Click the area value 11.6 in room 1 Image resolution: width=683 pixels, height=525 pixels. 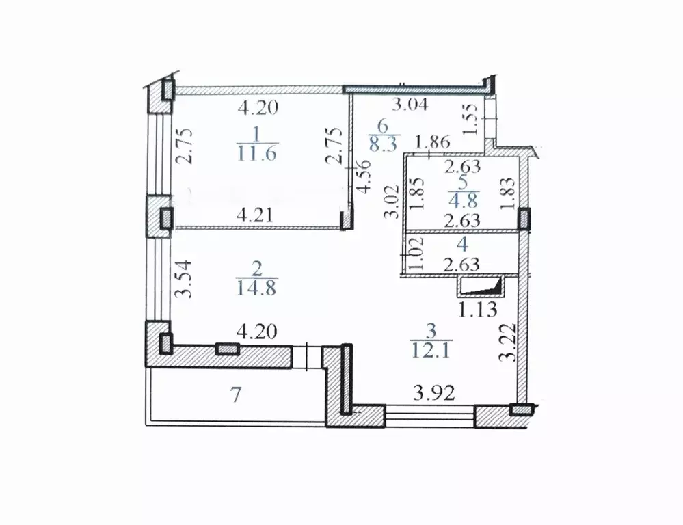click(257, 153)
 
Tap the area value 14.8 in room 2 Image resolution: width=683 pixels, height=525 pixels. click(256, 288)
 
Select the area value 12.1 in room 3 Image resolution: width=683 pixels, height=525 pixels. click(431, 350)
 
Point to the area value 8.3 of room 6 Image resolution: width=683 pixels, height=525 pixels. click(384, 144)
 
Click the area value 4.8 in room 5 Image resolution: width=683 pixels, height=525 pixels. click(464, 201)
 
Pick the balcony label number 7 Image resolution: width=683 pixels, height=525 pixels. click(236, 396)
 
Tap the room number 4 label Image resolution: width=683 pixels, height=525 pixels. click(462, 245)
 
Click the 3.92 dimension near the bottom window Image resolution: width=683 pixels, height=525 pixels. click(434, 394)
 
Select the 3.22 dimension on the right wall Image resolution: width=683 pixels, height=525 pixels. click(508, 342)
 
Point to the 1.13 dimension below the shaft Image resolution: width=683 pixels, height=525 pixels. click(477, 310)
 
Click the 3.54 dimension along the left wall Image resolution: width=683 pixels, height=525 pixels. click(183, 278)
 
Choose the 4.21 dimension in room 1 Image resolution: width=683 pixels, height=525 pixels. click(256, 215)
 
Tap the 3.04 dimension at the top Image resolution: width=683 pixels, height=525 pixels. click(410, 105)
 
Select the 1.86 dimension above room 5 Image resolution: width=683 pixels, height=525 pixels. click(432, 142)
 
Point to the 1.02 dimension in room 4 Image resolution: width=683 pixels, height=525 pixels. click(416, 254)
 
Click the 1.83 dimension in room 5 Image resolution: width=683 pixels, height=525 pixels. click(508, 193)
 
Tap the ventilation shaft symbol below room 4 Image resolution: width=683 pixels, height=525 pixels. click(480, 287)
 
